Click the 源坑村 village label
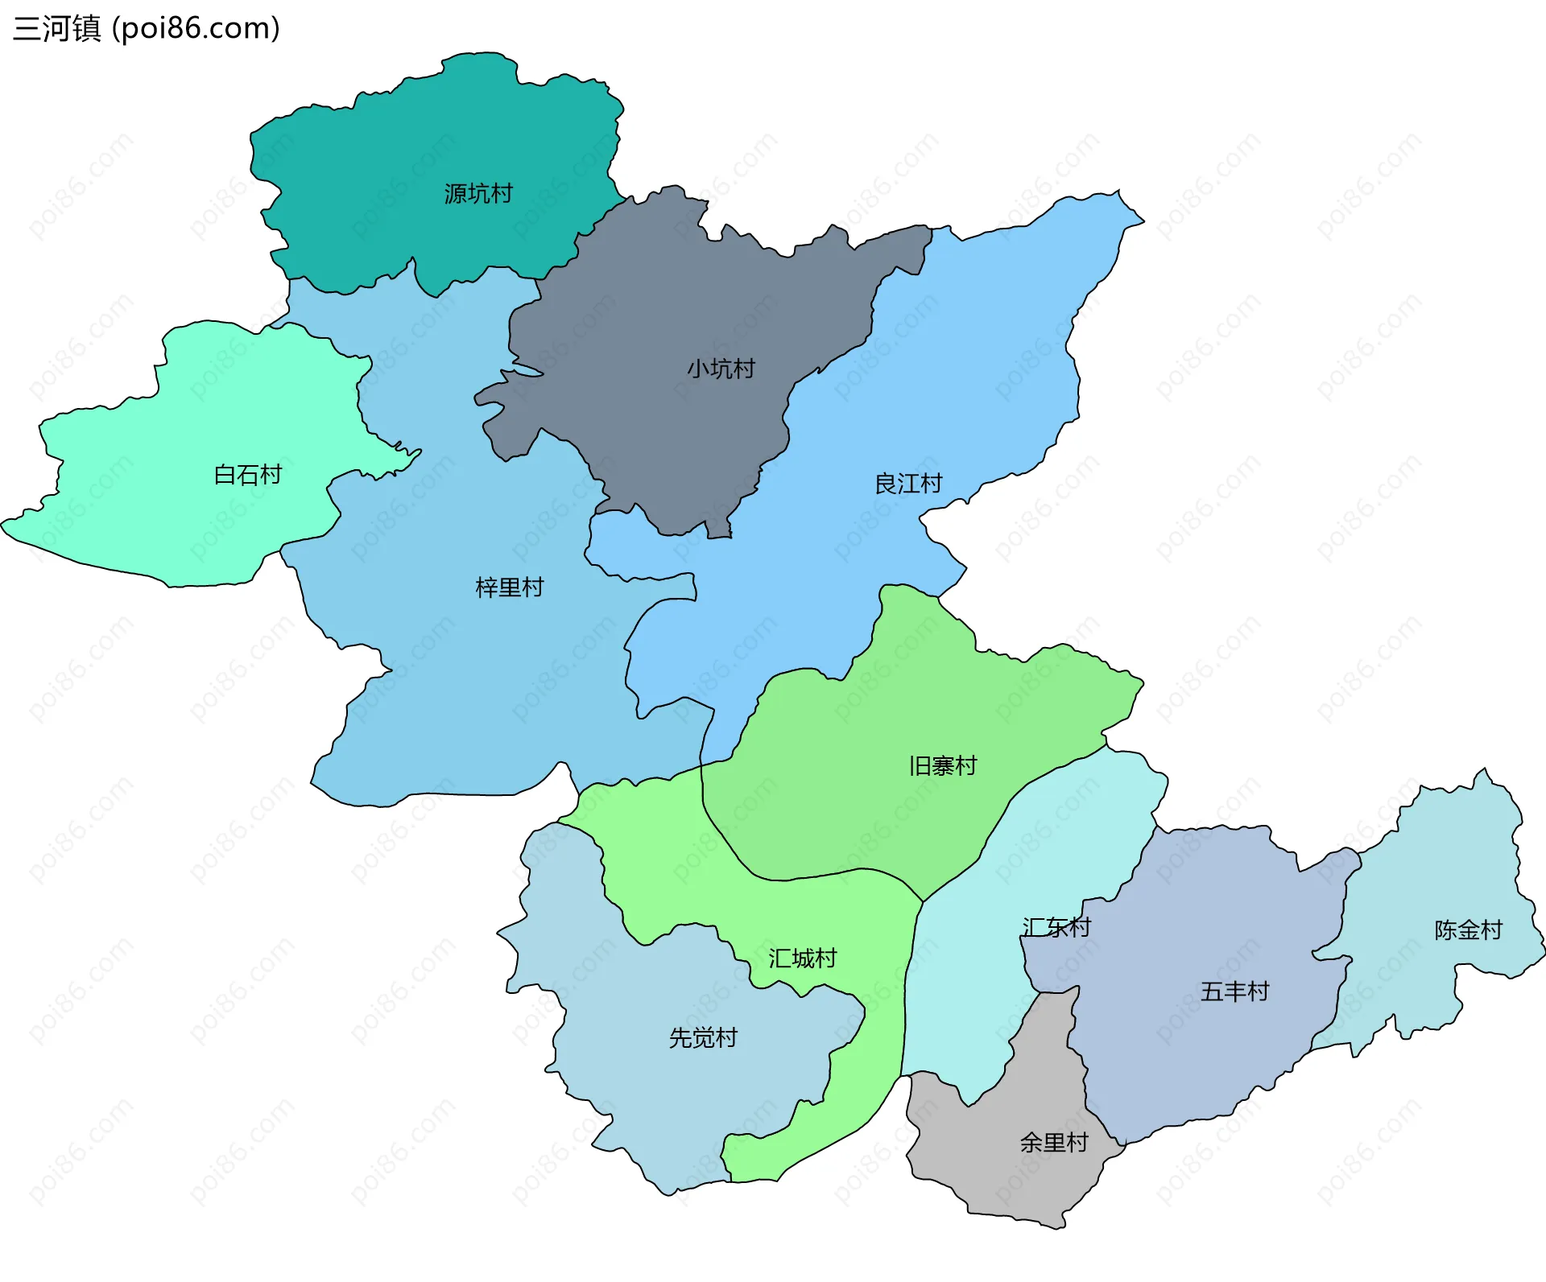click(x=478, y=194)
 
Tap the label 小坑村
click(x=721, y=369)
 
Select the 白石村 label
click(x=248, y=475)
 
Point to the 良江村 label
click(x=908, y=484)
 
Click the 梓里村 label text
click(x=510, y=587)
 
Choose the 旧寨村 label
click(x=943, y=765)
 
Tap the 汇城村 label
click(x=802, y=958)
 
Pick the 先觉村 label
click(x=703, y=1038)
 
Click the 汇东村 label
click(x=1056, y=928)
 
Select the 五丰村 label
click(x=1234, y=991)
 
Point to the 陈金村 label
click(x=1468, y=930)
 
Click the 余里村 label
click(x=1054, y=1143)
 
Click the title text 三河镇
click(x=56, y=28)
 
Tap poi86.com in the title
click(x=196, y=28)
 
